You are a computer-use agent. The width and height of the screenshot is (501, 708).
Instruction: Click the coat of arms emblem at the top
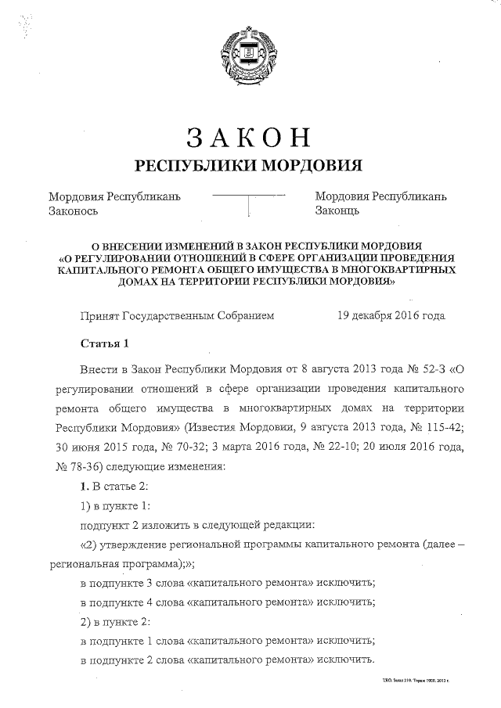(x=250, y=55)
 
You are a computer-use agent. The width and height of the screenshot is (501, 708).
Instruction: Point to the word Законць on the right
(x=337, y=211)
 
